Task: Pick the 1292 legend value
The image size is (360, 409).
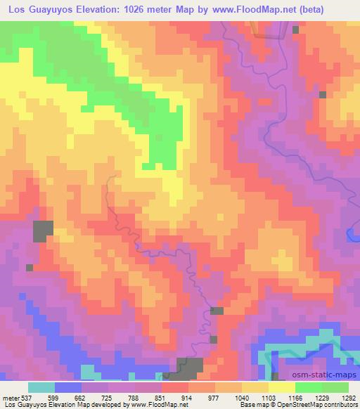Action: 348,397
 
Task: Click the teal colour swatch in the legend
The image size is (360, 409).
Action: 41,387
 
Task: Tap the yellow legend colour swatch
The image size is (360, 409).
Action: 282,387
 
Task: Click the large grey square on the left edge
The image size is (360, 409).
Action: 42,231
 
